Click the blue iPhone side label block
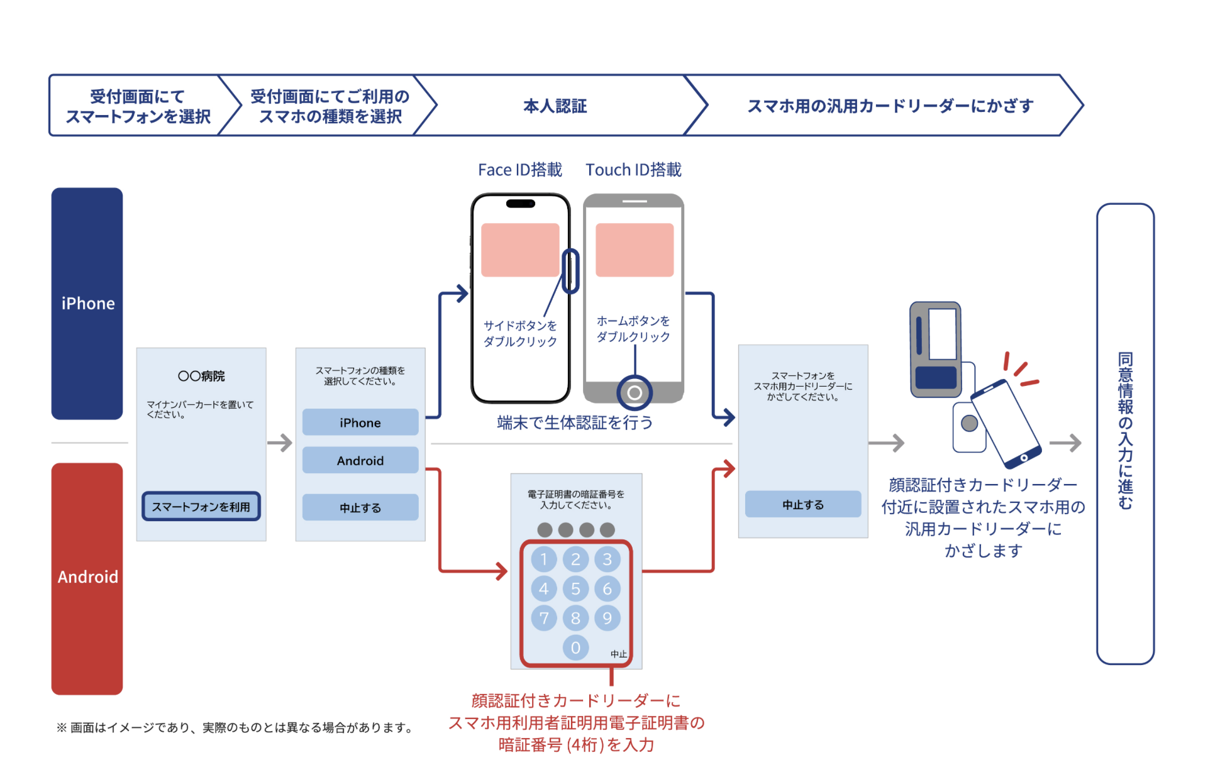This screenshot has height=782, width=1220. click(x=87, y=303)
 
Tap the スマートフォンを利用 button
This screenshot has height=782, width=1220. click(x=201, y=507)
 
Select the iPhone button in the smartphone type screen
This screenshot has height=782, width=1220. click(x=360, y=422)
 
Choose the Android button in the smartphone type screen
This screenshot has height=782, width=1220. click(x=360, y=460)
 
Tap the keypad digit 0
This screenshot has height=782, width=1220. click(x=575, y=647)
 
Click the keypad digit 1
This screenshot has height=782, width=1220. click(x=544, y=559)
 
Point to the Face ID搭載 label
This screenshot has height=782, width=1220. click(x=519, y=170)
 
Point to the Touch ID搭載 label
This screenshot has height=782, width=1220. click(x=633, y=170)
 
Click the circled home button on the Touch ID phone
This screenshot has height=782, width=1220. click(x=635, y=393)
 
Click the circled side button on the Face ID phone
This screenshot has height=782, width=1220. click(x=570, y=271)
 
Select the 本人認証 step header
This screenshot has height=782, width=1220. click(x=555, y=106)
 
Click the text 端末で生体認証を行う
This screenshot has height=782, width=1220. click(x=575, y=422)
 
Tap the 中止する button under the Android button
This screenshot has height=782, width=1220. click(x=360, y=507)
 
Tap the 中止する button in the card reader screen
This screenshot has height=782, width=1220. click(x=803, y=504)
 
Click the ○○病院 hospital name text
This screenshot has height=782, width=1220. click(x=201, y=376)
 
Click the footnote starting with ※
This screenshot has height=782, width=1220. click(x=235, y=727)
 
